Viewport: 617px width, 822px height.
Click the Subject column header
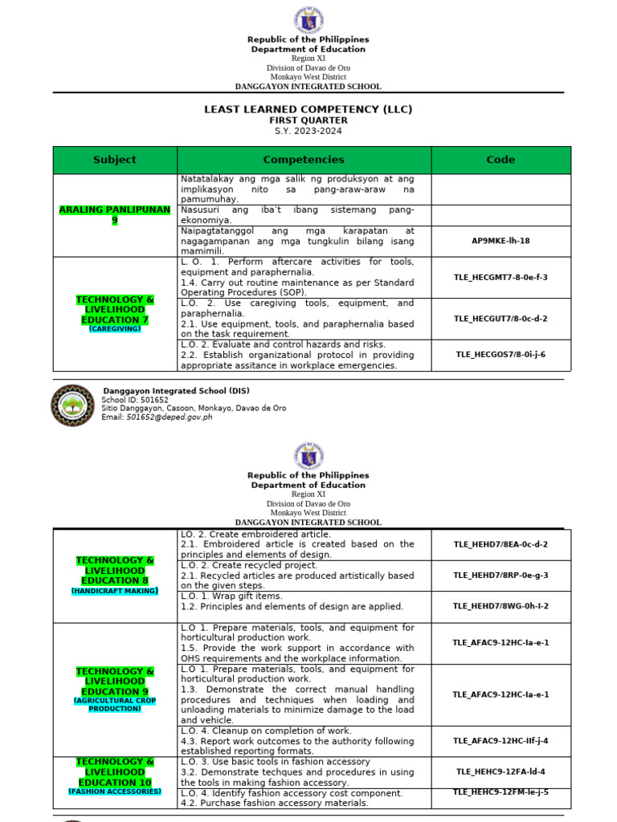115,160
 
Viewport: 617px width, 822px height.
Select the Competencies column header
304,160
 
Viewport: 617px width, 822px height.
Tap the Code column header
501,160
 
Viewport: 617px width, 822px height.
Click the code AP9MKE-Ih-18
501,240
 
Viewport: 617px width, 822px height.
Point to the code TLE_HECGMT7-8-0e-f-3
501,277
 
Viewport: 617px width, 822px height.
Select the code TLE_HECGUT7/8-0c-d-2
501,319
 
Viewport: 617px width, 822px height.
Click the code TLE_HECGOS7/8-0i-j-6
501,354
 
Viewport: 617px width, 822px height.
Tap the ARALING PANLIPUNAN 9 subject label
115,214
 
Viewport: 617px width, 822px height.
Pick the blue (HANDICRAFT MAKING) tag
114,591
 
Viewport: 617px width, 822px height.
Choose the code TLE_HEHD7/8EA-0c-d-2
501,544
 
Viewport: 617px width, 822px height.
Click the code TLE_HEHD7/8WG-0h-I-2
501,606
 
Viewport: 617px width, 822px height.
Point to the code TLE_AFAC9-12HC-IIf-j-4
501,741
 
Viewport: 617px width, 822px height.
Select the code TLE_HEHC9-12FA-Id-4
501,771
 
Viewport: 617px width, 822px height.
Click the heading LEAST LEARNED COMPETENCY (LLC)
308,109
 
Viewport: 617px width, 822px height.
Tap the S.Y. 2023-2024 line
308,131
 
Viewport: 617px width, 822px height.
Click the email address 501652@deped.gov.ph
170,417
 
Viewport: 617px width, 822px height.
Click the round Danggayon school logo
73,405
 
